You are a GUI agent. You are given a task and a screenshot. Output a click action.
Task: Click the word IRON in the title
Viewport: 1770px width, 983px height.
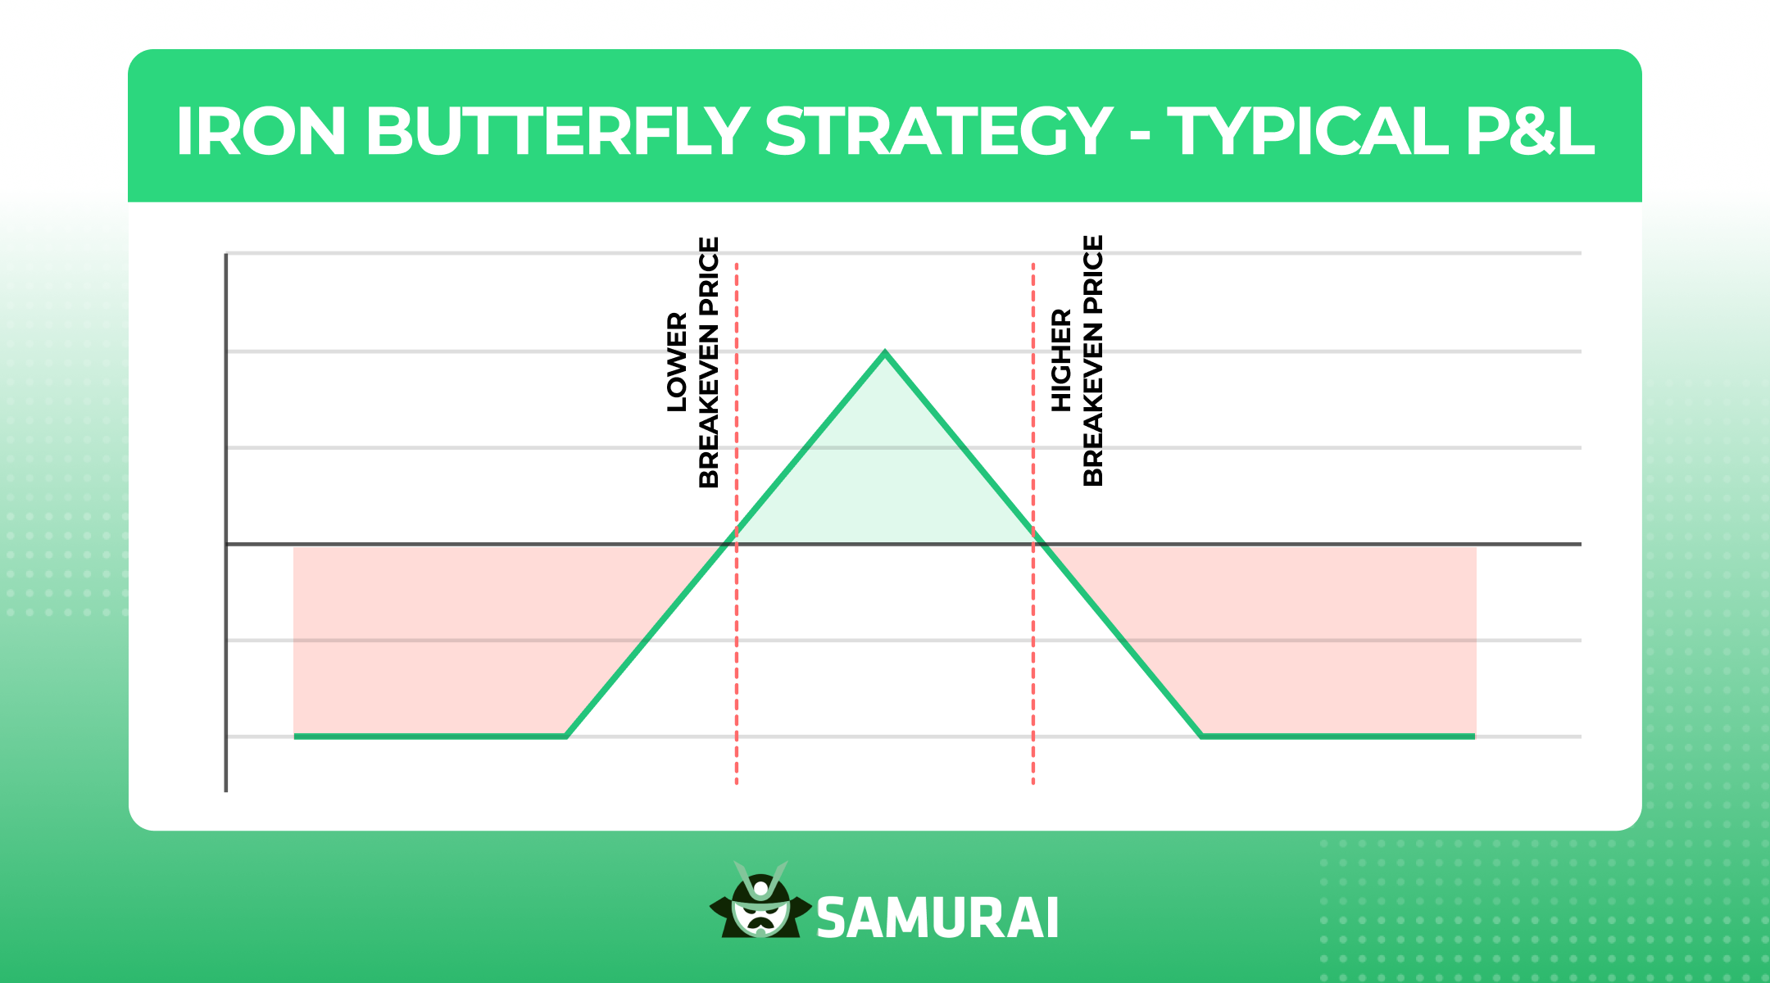click(261, 131)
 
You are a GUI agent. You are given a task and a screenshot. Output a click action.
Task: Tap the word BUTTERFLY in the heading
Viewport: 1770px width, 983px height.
click(557, 131)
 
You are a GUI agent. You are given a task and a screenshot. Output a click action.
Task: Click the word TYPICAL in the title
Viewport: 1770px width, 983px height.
click(1308, 131)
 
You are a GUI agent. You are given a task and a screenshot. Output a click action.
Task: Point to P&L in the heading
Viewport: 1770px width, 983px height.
click(1530, 131)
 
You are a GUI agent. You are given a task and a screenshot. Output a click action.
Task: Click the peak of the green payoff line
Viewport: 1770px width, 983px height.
click(885, 352)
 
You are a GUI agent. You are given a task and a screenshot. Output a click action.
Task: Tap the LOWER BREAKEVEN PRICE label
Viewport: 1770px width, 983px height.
click(693, 362)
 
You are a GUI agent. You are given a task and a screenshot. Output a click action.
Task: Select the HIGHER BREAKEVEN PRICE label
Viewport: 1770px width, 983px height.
click(1078, 360)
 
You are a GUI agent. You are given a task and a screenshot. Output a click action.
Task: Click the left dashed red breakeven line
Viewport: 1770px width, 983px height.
click(737, 524)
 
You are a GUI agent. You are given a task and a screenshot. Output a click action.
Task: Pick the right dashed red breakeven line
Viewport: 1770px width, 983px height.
click(1033, 524)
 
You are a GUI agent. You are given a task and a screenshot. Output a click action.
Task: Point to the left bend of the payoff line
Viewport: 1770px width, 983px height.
click(566, 736)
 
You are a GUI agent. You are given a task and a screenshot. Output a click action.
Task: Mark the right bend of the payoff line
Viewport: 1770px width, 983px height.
click(1202, 736)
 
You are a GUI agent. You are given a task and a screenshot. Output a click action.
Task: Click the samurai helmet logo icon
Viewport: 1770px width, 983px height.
click(760, 901)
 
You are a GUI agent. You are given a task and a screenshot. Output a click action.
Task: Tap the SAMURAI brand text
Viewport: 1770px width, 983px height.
click(937, 918)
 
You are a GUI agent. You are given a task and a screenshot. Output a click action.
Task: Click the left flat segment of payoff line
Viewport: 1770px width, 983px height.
click(430, 736)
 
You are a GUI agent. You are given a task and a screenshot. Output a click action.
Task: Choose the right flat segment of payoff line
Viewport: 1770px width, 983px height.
click(1338, 736)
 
